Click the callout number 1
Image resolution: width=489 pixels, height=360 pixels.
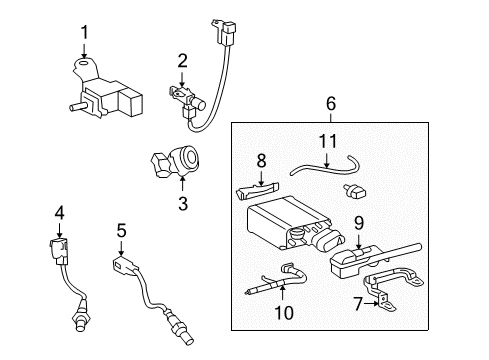[x=84, y=32]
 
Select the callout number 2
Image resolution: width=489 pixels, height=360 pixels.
[x=182, y=61]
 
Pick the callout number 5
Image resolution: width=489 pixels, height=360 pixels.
[x=120, y=230]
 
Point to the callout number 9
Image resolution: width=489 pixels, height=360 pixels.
[x=356, y=225]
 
